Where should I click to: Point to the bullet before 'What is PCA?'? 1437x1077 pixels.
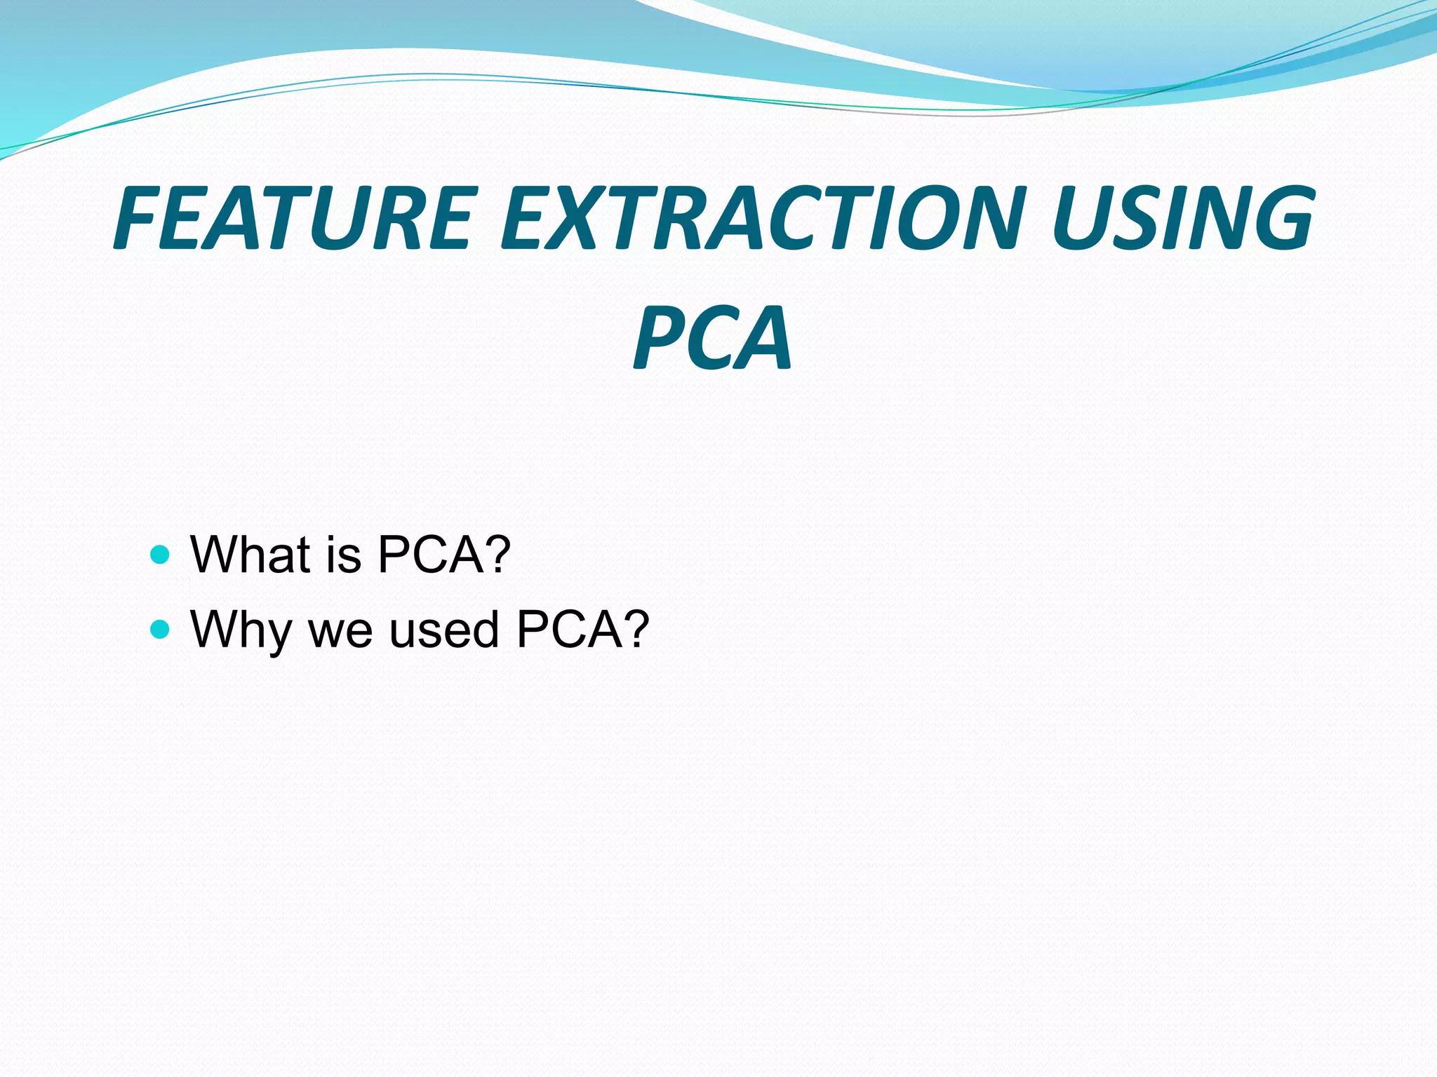(161, 555)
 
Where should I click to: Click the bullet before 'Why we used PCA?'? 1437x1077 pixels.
(161, 629)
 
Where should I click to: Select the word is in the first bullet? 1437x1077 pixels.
(343, 555)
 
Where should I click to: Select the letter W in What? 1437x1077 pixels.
(215, 555)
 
